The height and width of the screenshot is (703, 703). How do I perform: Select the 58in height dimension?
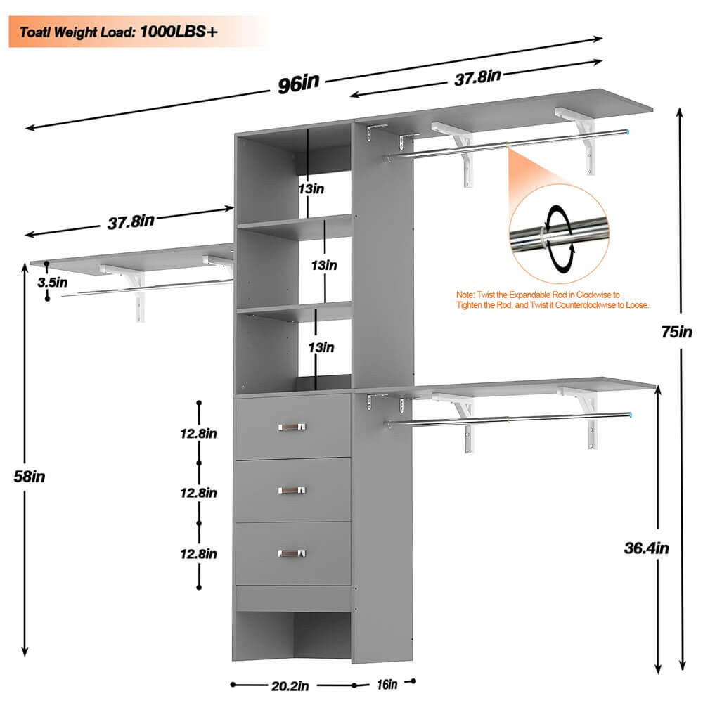[x=29, y=476]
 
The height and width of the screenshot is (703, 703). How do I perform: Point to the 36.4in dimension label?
[x=647, y=548]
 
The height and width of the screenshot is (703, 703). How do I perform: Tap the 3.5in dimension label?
[x=53, y=283]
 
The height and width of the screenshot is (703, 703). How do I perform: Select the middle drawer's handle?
[x=292, y=490]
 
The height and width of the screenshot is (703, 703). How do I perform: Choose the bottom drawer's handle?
[x=292, y=554]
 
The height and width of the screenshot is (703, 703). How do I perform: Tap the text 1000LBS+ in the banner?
[x=179, y=32]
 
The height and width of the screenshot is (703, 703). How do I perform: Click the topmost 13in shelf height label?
[x=310, y=188]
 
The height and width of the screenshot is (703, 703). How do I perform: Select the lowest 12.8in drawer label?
[x=198, y=553]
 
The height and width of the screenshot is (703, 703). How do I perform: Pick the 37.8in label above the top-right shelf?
[x=477, y=76]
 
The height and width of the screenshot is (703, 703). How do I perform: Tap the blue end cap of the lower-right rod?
[x=630, y=415]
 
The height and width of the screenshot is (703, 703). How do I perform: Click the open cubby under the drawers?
[x=292, y=636]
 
